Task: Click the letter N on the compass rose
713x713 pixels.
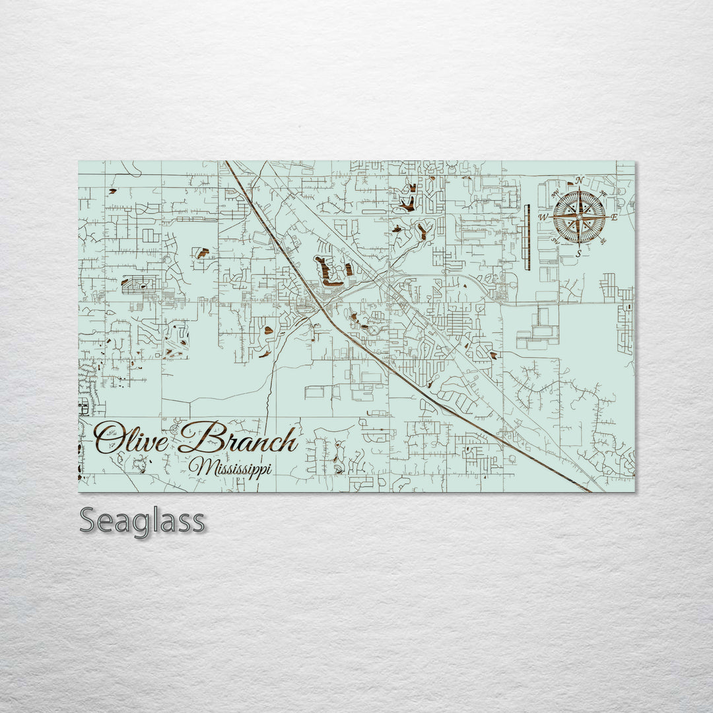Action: (x=579, y=180)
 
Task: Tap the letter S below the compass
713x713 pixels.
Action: (x=579, y=254)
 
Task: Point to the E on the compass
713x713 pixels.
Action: (x=613, y=217)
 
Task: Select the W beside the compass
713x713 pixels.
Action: (x=543, y=217)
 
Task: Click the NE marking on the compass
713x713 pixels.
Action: (x=601, y=193)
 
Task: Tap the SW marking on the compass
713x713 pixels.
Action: (x=556, y=240)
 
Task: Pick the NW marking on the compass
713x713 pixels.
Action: (x=556, y=193)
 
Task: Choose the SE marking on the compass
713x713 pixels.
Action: (x=603, y=240)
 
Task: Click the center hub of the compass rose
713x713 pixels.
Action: (x=579, y=217)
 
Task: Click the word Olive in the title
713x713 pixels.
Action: (x=131, y=439)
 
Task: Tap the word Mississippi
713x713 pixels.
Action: (x=230, y=467)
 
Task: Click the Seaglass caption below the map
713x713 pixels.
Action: (x=142, y=521)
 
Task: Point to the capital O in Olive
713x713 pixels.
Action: (x=108, y=438)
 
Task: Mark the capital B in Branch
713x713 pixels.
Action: (x=199, y=437)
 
